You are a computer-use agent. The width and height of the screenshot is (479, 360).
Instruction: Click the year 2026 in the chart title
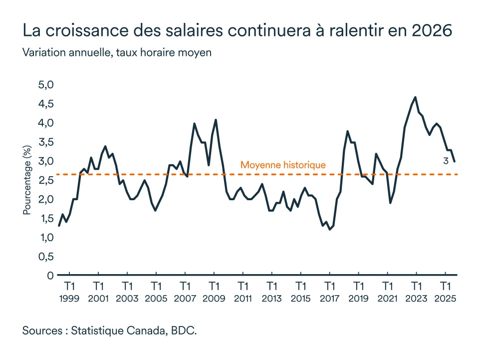click(433, 30)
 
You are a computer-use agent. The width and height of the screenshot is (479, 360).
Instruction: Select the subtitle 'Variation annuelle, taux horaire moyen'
click(117, 52)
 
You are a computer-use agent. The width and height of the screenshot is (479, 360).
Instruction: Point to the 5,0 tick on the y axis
click(45, 85)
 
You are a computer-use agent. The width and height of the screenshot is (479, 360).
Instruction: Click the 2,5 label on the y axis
click(45, 180)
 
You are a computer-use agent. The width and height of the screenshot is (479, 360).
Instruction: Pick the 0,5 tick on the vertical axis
click(45, 256)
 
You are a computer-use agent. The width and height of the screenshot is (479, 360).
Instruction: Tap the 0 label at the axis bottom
click(50, 275)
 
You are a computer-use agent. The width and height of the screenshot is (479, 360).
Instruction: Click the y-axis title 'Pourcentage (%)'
click(27, 180)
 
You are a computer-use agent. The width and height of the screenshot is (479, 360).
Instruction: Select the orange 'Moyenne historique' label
click(283, 165)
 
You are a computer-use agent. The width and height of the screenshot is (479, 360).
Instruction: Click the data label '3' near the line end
click(446, 161)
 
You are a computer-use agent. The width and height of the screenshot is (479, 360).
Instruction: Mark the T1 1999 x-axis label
click(69, 292)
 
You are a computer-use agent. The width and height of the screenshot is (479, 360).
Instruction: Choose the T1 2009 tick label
click(214, 292)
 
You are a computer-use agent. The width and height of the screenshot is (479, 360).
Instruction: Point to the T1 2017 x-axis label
click(329, 292)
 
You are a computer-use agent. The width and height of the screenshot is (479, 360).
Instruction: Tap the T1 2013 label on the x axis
click(271, 292)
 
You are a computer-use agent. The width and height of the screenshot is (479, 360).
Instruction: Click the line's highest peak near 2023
click(416, 97)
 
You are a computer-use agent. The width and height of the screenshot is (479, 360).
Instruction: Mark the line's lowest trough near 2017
click(330, 229)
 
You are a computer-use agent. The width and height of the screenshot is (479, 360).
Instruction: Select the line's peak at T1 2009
click(216, 120)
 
